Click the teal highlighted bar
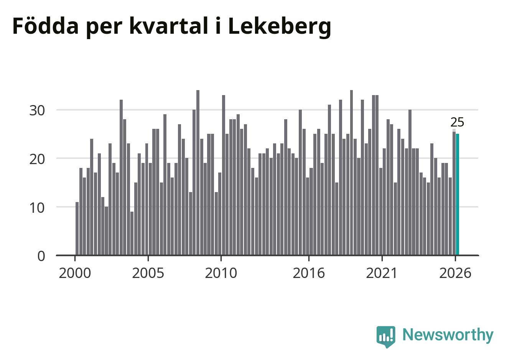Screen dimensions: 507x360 click(457, 194)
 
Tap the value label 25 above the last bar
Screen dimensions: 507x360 click(457, 122)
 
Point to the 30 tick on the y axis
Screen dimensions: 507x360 click(37, 111)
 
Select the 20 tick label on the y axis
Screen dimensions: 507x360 click(37, 159)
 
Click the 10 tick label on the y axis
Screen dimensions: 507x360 click(37, 208)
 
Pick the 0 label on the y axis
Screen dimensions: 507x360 click(41, 256)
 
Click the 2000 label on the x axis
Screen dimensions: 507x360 click(75, 273)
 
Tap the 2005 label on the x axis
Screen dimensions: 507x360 click(148, 273)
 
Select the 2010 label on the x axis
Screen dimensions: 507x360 click(221, 273)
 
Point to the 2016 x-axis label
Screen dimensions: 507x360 click(309, 273)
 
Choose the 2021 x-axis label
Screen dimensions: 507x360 click(382, 273)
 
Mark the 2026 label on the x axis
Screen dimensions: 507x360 click(455, 273)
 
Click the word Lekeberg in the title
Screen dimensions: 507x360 click(280, 27)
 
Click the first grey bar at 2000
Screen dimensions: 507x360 click(77, 228)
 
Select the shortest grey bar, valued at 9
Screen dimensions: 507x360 click(132, 233)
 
